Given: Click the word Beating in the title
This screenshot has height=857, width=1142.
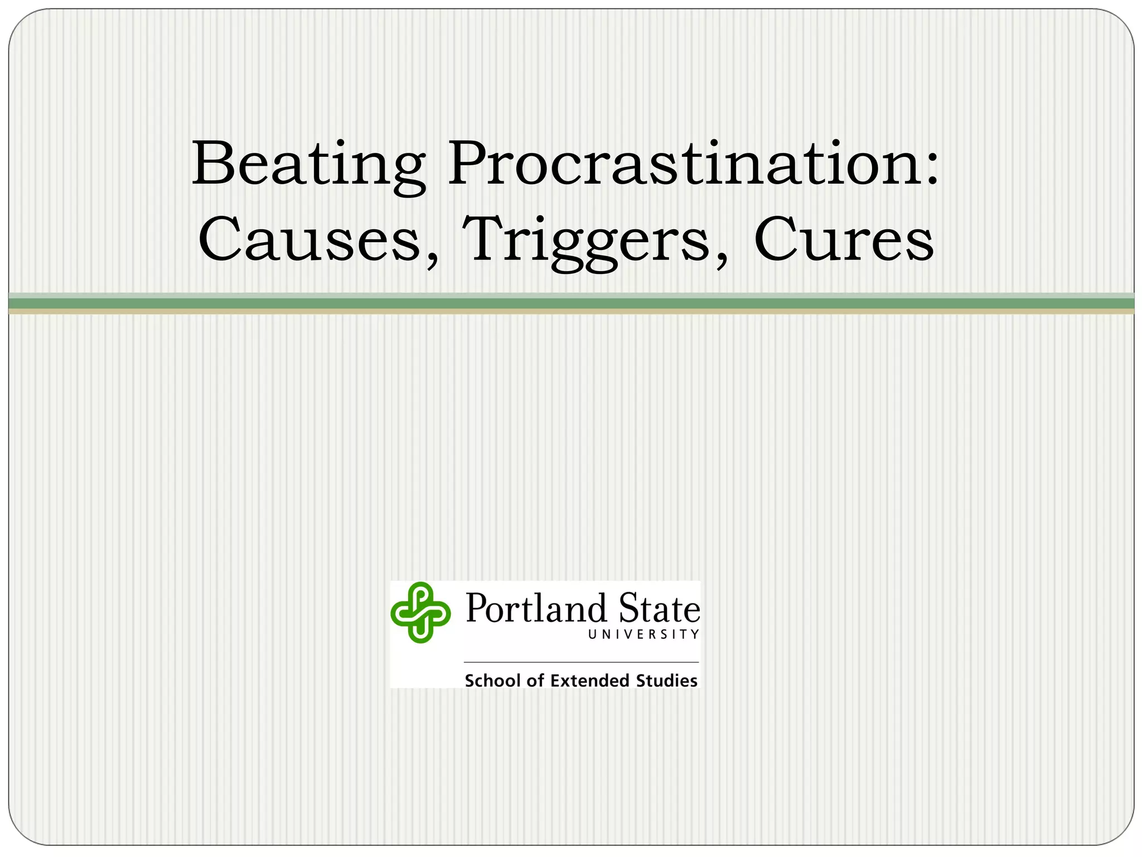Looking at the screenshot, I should (x=308, y=165).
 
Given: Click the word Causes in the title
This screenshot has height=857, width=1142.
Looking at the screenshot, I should (x=309, y=240).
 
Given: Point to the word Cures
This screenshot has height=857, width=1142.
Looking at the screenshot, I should (x=844, y=240).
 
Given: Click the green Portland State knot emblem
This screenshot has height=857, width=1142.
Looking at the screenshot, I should (x=420, y=612).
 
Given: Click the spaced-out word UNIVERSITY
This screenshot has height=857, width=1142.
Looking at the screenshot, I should (x=643, y=634).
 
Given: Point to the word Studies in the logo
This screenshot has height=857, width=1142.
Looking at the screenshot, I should (x=667, y=681).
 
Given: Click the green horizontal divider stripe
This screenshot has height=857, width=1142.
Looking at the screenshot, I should (x=571, y=303).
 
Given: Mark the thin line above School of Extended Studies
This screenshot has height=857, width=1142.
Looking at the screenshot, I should (x=581, y=662).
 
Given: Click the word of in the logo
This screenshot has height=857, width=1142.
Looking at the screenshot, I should (x=535, y=681).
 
